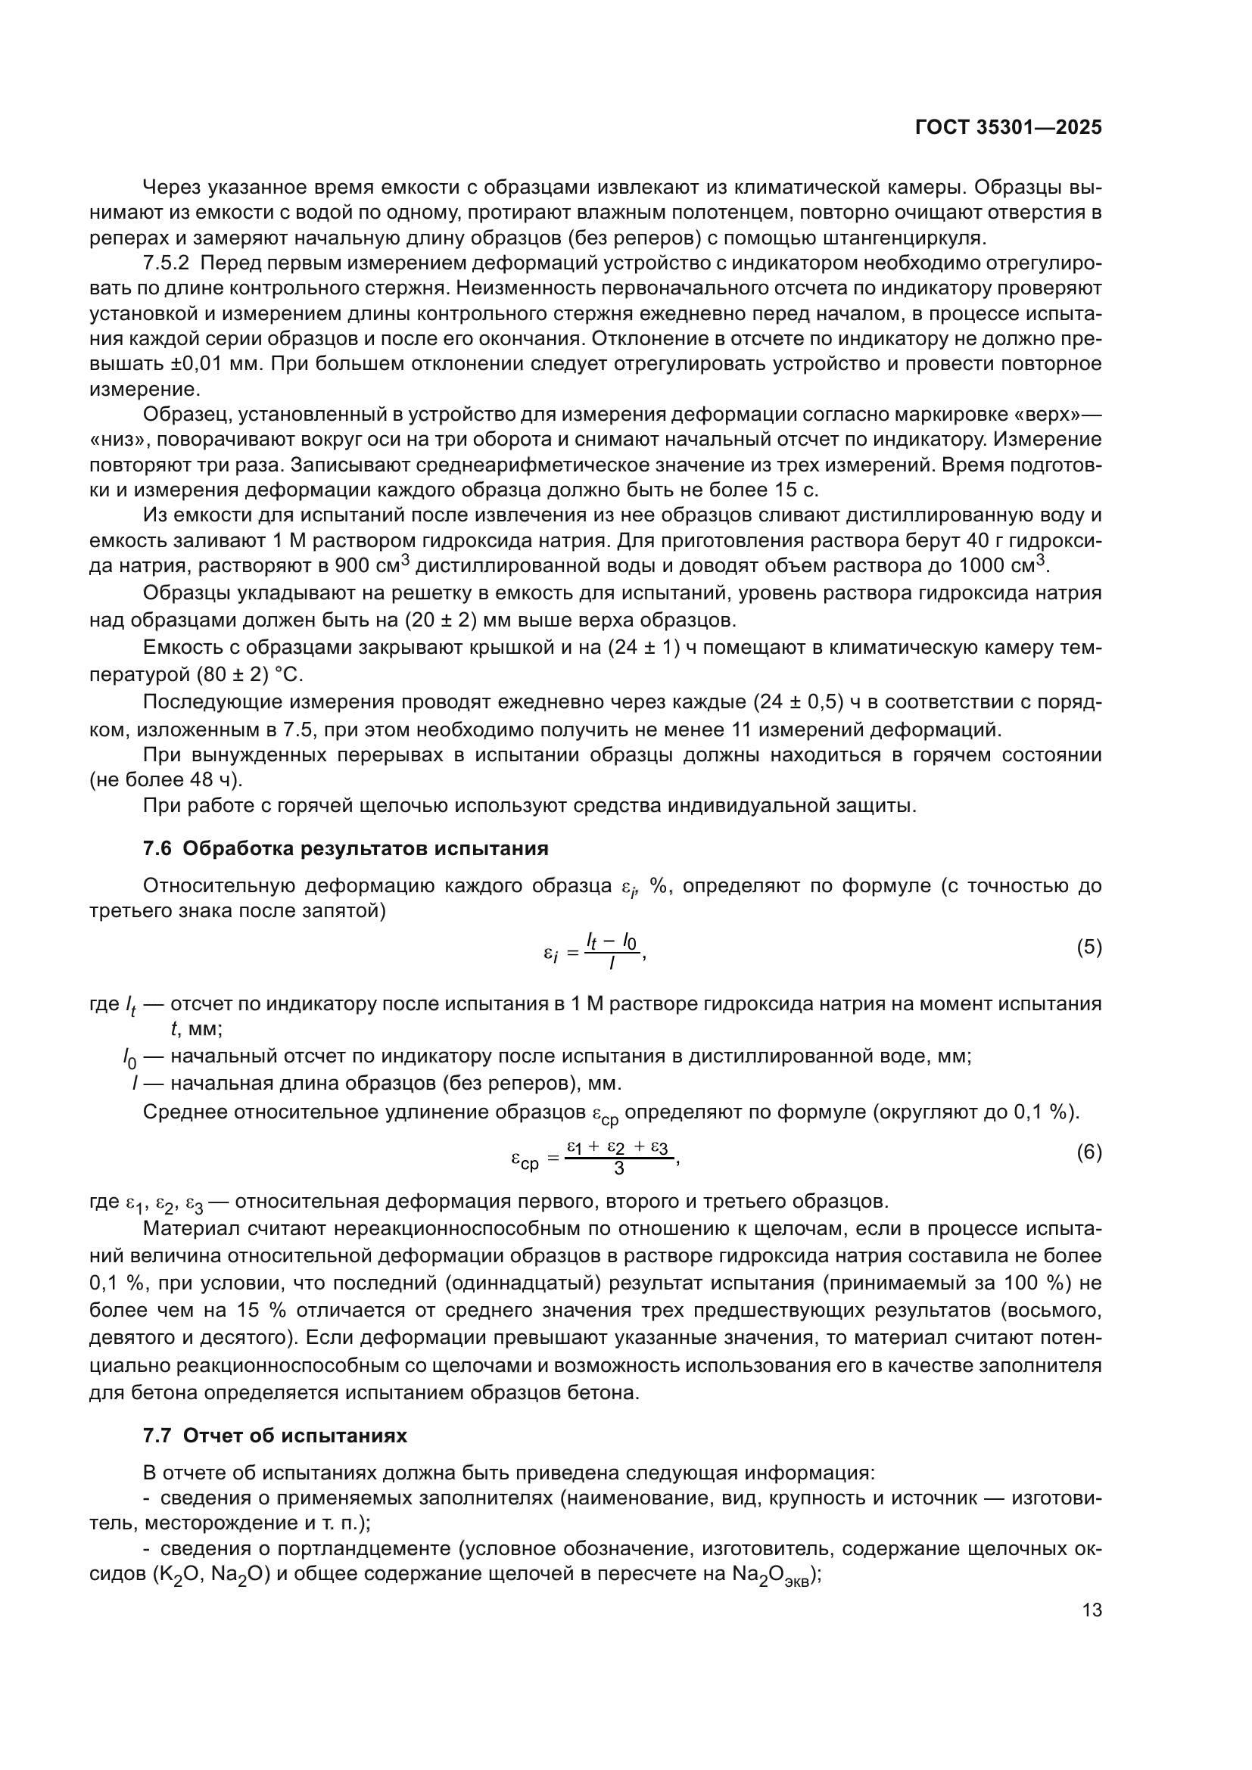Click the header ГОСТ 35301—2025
(1008, 128)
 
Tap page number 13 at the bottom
(1092, 1610)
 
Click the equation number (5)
(1088, 947)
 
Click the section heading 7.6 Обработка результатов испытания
(345, 849)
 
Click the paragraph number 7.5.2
(166, 263)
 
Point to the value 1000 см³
(999, 565)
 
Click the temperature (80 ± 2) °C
(250, 675)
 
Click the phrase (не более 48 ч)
(166, 779)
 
